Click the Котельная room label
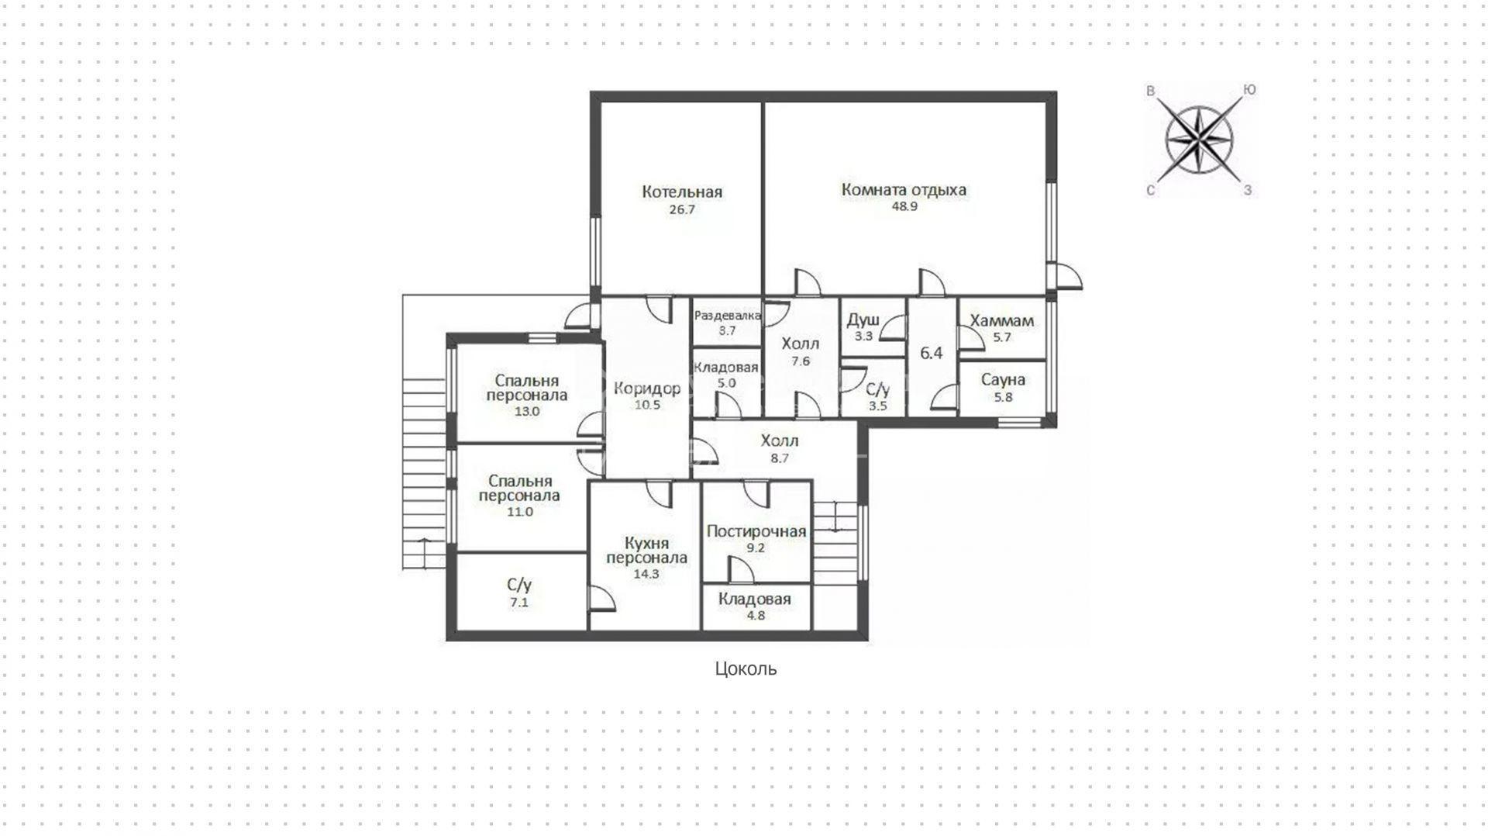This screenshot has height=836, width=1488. pyautogui.click(x=682, y=192)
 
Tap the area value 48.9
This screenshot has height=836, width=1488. pyautogui.click(x=904, y=207)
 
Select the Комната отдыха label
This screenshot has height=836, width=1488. pyautogui.click(x=904, y=190)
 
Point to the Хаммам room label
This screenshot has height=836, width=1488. pyautogui.click(x=1002, y=320)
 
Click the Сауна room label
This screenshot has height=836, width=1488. pyautogui.click(x=1003, y=380)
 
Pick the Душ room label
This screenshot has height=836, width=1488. pyautogui.click(x=863, y=320)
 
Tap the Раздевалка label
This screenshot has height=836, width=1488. pyautogui.click(x=728, y=316)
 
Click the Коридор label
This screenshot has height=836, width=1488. pyautogui.click(x=647, y=389)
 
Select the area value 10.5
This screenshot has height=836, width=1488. pyautogui.click(x=647, y=405)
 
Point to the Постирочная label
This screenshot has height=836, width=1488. pyautogui.click(x=756, y=531)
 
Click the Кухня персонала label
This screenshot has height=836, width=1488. pyautogui.click(x=646, y=551)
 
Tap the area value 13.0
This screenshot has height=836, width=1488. pyautogui.click(x=527, y=412)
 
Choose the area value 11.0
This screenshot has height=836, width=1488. pyautogui.click(x=519, y=512)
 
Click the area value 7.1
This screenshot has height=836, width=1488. pyautogui.click(x=519, y=603)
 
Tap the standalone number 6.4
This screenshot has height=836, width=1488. pyautogui.click(x=932, y=353)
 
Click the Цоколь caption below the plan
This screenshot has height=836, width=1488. pyautogui.click(x=746, y=668)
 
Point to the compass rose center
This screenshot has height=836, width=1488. pyautogui.click(x=1199, y=140)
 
